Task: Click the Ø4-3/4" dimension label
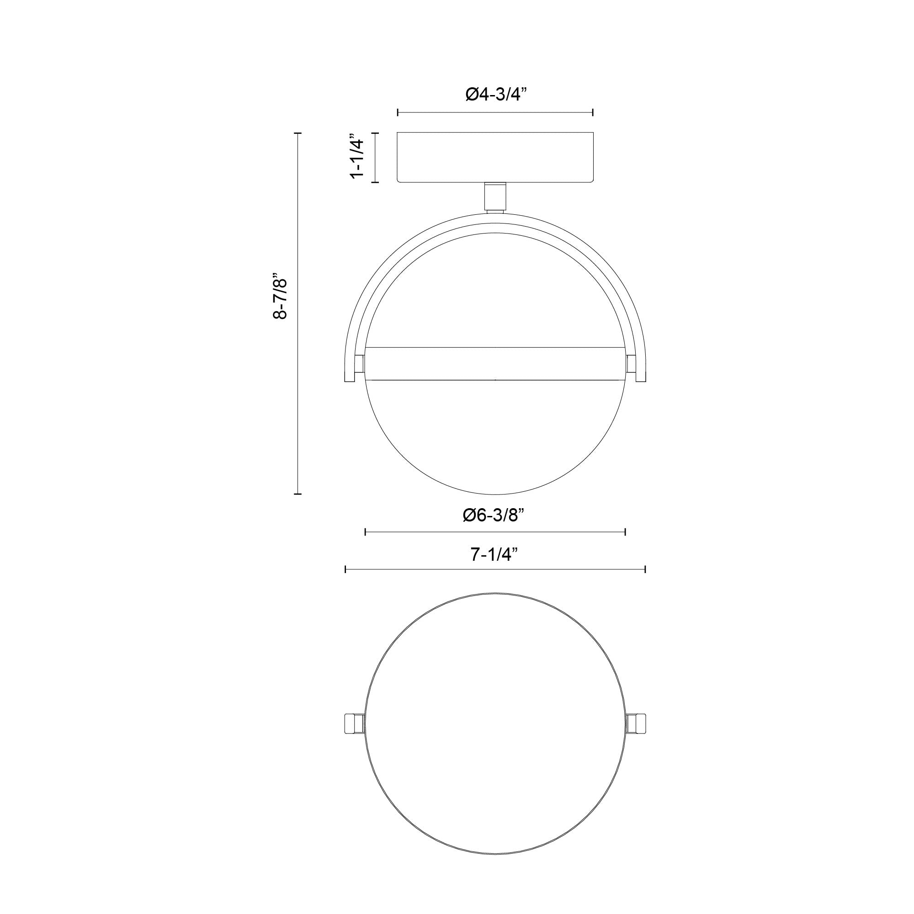(x=495, y=95)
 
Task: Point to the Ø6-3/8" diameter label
(x=495, y=515)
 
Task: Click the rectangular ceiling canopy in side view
(x=495, y=157)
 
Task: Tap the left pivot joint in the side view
(x=360, y=364)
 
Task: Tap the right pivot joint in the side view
(x=630, y=364)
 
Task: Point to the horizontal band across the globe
(x=495, y=363)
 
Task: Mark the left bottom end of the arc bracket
(x=349, y=378)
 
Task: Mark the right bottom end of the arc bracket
(x=642, y=378)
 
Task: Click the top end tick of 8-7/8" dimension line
(x=298, y=134)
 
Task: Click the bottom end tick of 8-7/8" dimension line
(x=298, y=494)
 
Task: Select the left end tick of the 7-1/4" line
(x=346, y=569)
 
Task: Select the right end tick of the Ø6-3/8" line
(x=626, y=532)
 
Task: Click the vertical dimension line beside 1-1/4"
(x=376, y=158)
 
